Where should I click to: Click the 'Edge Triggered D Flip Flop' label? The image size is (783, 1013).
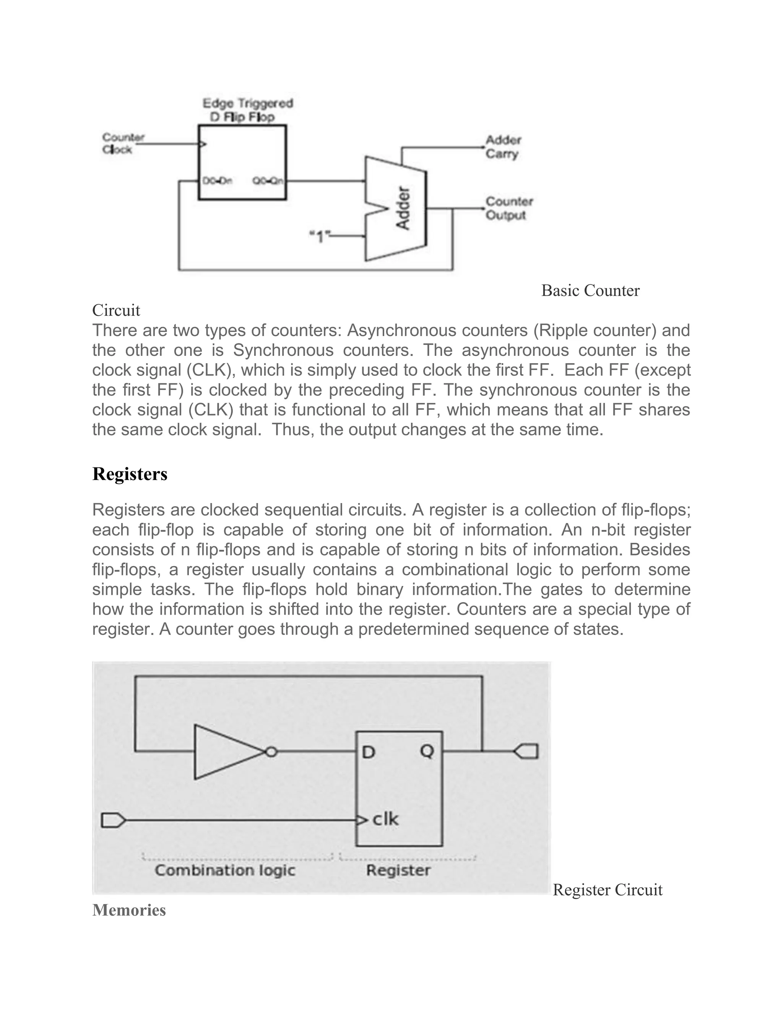click(248, 110)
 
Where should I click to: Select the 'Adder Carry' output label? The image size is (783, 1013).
click(503, 146)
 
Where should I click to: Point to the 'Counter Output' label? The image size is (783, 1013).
click(509, 208)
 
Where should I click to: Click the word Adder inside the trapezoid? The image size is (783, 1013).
click(403, 208)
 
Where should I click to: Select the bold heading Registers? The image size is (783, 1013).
click(130, 474)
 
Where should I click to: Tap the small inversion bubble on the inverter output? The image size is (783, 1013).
click(272, 752)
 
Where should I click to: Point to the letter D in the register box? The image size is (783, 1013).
click(368, 752)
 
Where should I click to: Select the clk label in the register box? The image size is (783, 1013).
click(385, 819)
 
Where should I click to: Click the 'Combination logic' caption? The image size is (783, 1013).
click(225, 870)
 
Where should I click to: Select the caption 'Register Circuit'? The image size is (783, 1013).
click(607, 890)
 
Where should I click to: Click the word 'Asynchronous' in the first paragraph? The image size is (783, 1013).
click(396, 330)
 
